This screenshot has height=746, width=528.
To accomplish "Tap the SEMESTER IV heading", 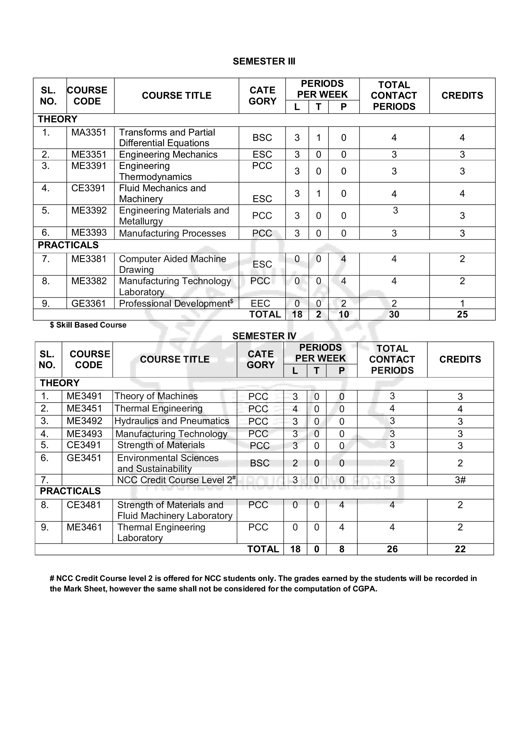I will [x=264, y=336].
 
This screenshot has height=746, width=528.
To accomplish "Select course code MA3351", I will [x=89, y=132].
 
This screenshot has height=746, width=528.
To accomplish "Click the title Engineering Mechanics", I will [x=168, y=154].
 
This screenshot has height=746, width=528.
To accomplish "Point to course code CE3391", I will [x=88, y=188].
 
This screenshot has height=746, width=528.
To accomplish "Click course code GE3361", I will [x=88, y=303].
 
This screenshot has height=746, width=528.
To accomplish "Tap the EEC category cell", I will [x=260, y=303].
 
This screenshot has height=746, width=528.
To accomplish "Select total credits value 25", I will [x=462, y=314].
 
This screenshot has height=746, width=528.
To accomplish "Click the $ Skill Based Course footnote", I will [x=88, y=325].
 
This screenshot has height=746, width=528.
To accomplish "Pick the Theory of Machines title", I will [x=156, y=396].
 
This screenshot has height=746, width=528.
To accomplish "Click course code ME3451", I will [x=84, y=409].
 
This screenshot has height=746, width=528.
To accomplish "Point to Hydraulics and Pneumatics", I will [x=171, y=421].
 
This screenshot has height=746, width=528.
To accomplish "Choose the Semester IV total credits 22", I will [x=460, y=549].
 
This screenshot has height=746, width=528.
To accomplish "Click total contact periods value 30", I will [x=394, y=314].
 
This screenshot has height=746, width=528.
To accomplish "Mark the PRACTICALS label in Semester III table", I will [x=68, y=245].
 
